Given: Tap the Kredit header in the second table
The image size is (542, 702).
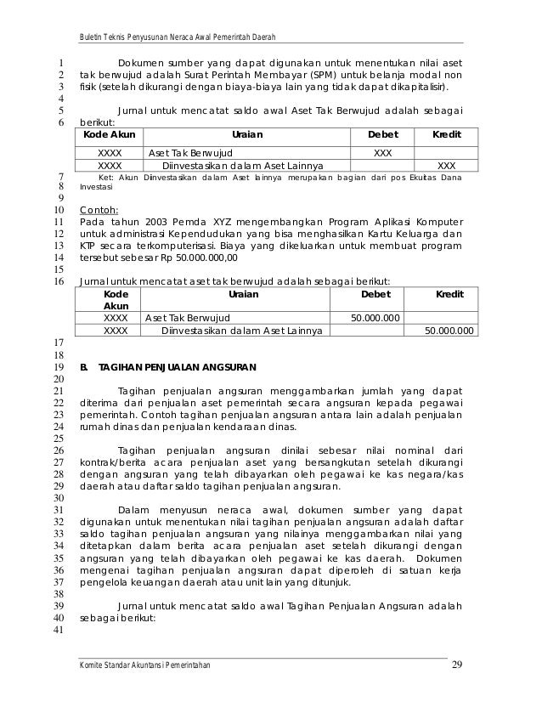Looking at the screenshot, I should click(449, 294).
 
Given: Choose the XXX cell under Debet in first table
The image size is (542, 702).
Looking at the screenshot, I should click(382, 151).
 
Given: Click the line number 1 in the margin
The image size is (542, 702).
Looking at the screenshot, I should click(61, 62).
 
